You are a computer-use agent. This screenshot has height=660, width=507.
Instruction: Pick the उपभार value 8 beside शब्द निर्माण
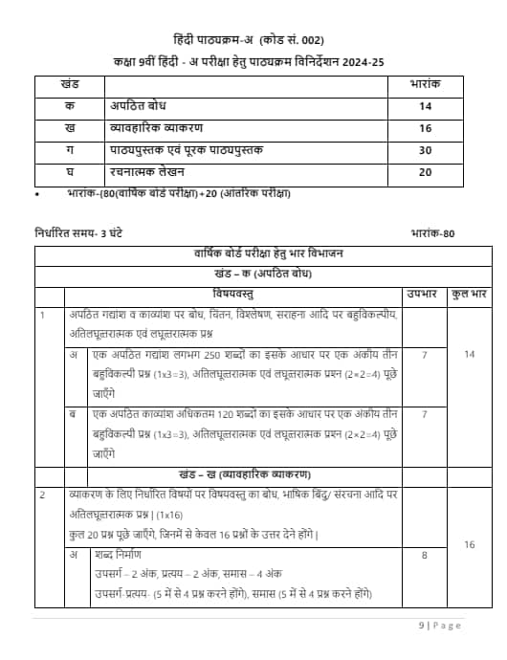point(424,554)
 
